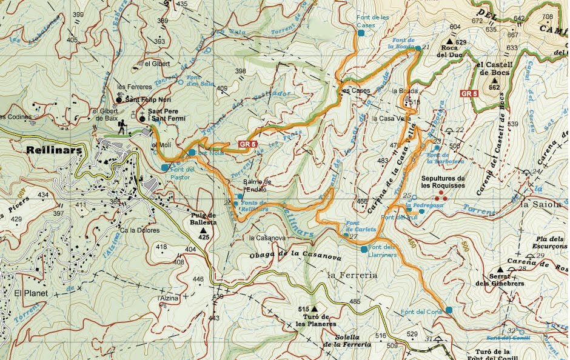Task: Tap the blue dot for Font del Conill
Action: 449,310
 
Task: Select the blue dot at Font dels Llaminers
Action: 364,249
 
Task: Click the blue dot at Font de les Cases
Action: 361,33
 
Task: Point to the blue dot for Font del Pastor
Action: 165,167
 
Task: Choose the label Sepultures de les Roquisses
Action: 443,182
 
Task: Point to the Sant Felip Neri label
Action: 148,99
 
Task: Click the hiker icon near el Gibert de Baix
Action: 122,126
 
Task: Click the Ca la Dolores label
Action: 139,230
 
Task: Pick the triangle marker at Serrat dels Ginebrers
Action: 500,269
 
